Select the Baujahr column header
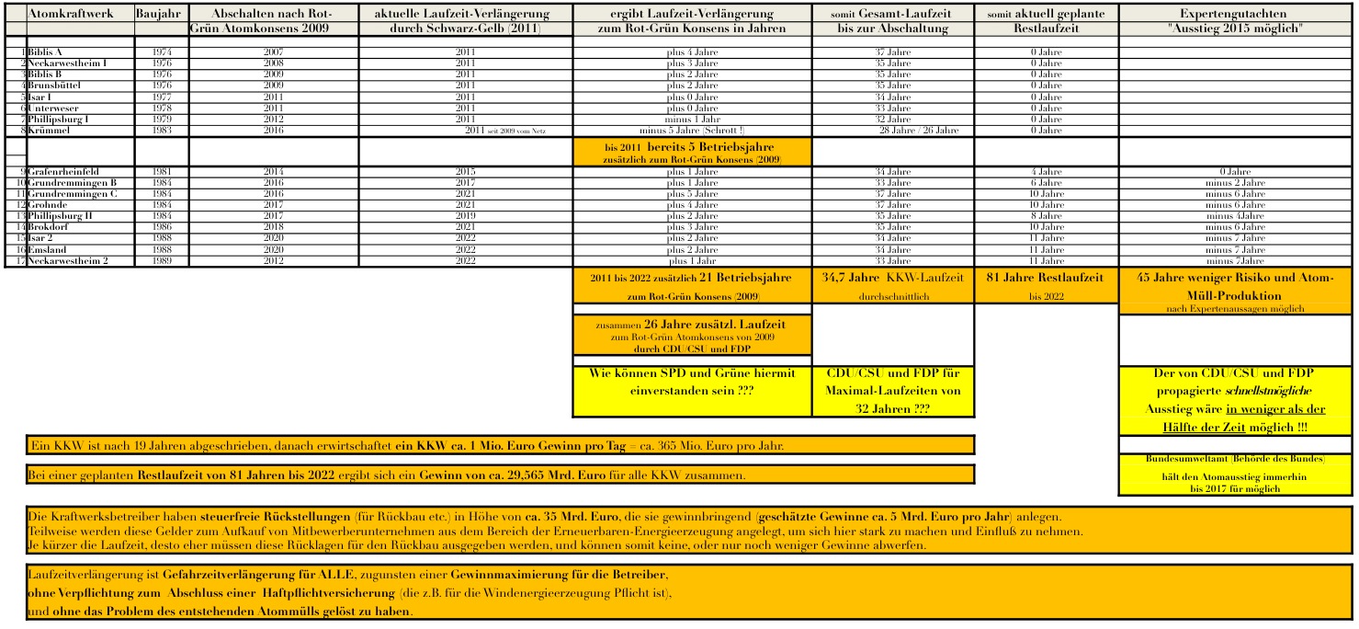click(x=160, y=15)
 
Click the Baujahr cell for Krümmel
click(x=161, y=131)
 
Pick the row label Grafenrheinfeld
click(x=62, y=172)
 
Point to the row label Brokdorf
click(x=48, y=226)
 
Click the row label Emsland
click(x=46, y=249)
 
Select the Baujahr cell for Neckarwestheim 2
click(x=161, y=260)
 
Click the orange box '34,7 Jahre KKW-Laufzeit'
click(x=892, y=285)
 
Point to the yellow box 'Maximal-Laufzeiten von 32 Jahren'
click(x=892, y=391)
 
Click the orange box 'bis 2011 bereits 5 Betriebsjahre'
click(x=692, y=153)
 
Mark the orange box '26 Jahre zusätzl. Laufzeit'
click(x=692, y=336)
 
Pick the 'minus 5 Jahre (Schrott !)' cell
click(x=692, y=131)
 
